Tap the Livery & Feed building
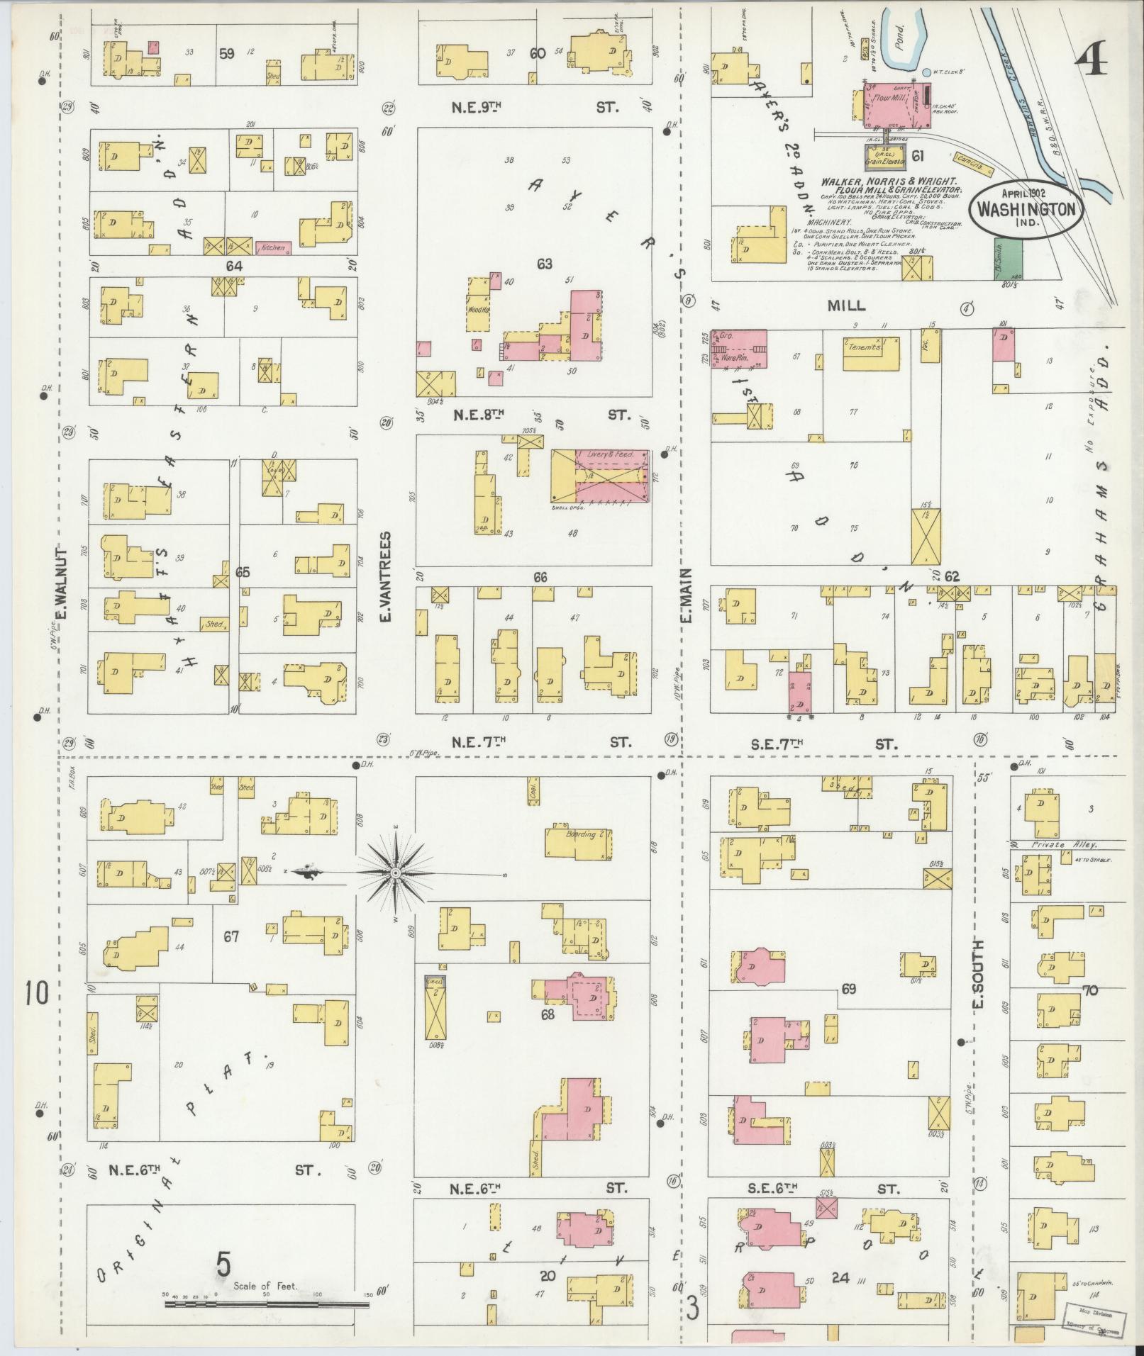(x=600, y=476)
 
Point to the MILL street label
(x=847, y=306)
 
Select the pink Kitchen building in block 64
(x=274, y=247)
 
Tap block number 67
(x=231, y=936)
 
